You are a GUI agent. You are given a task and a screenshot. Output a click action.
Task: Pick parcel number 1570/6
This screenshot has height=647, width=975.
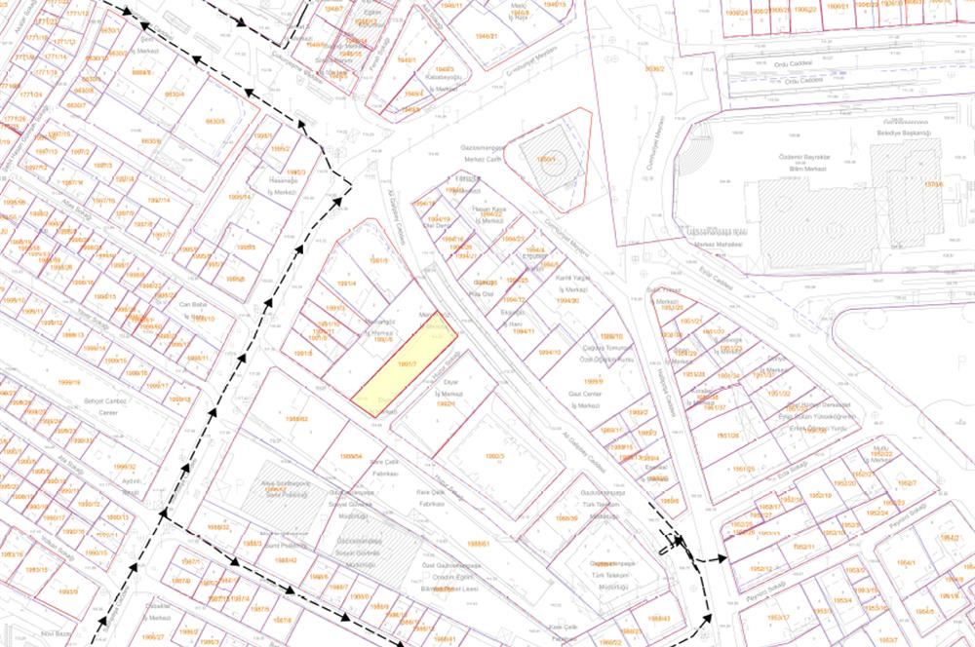point(934,183)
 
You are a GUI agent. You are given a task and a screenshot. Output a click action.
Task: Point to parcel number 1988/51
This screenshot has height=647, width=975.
point(478,544)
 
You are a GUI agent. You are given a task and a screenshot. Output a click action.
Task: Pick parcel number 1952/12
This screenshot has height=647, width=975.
point(762,568)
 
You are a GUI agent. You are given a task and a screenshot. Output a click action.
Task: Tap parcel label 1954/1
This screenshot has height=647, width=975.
point(907,562)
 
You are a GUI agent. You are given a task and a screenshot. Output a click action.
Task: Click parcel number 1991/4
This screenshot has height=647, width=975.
point(347,284)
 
